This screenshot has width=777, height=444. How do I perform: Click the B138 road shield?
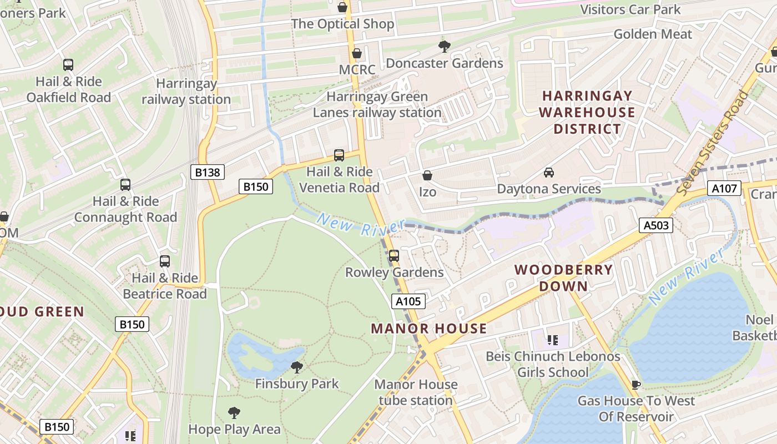click(x=208, y=173)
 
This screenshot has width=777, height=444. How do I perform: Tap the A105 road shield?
click(x=408, y=301)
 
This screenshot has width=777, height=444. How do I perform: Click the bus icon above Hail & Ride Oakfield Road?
click(x=68, y=65)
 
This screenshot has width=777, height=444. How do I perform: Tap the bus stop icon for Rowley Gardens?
click(x=394, y=256)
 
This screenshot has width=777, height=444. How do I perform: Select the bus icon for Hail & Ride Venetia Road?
click(x=339, y=155)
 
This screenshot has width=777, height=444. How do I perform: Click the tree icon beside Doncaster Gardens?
click(x=444, y=46)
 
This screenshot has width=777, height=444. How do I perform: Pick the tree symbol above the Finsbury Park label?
click(x=297, y=367)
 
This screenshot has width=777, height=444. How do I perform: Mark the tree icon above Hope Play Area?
click(x=234, y=412)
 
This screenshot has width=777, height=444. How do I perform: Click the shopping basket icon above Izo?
click(x=427, y=175)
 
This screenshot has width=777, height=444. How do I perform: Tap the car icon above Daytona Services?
click(x=549, y=172)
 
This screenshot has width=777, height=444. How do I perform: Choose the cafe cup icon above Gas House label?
click(x=636, y=384)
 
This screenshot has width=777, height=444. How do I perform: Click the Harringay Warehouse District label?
click(x=587, y=112)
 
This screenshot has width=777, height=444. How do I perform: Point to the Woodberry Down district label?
click(x=563, y=278)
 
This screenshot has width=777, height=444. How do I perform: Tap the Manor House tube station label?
click(x=416, y=392)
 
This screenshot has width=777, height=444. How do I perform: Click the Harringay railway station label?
click(x=186, y=92)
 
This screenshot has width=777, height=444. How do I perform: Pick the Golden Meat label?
click(x=653, y=34)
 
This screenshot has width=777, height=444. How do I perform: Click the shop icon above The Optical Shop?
click(x=342, y=7)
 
